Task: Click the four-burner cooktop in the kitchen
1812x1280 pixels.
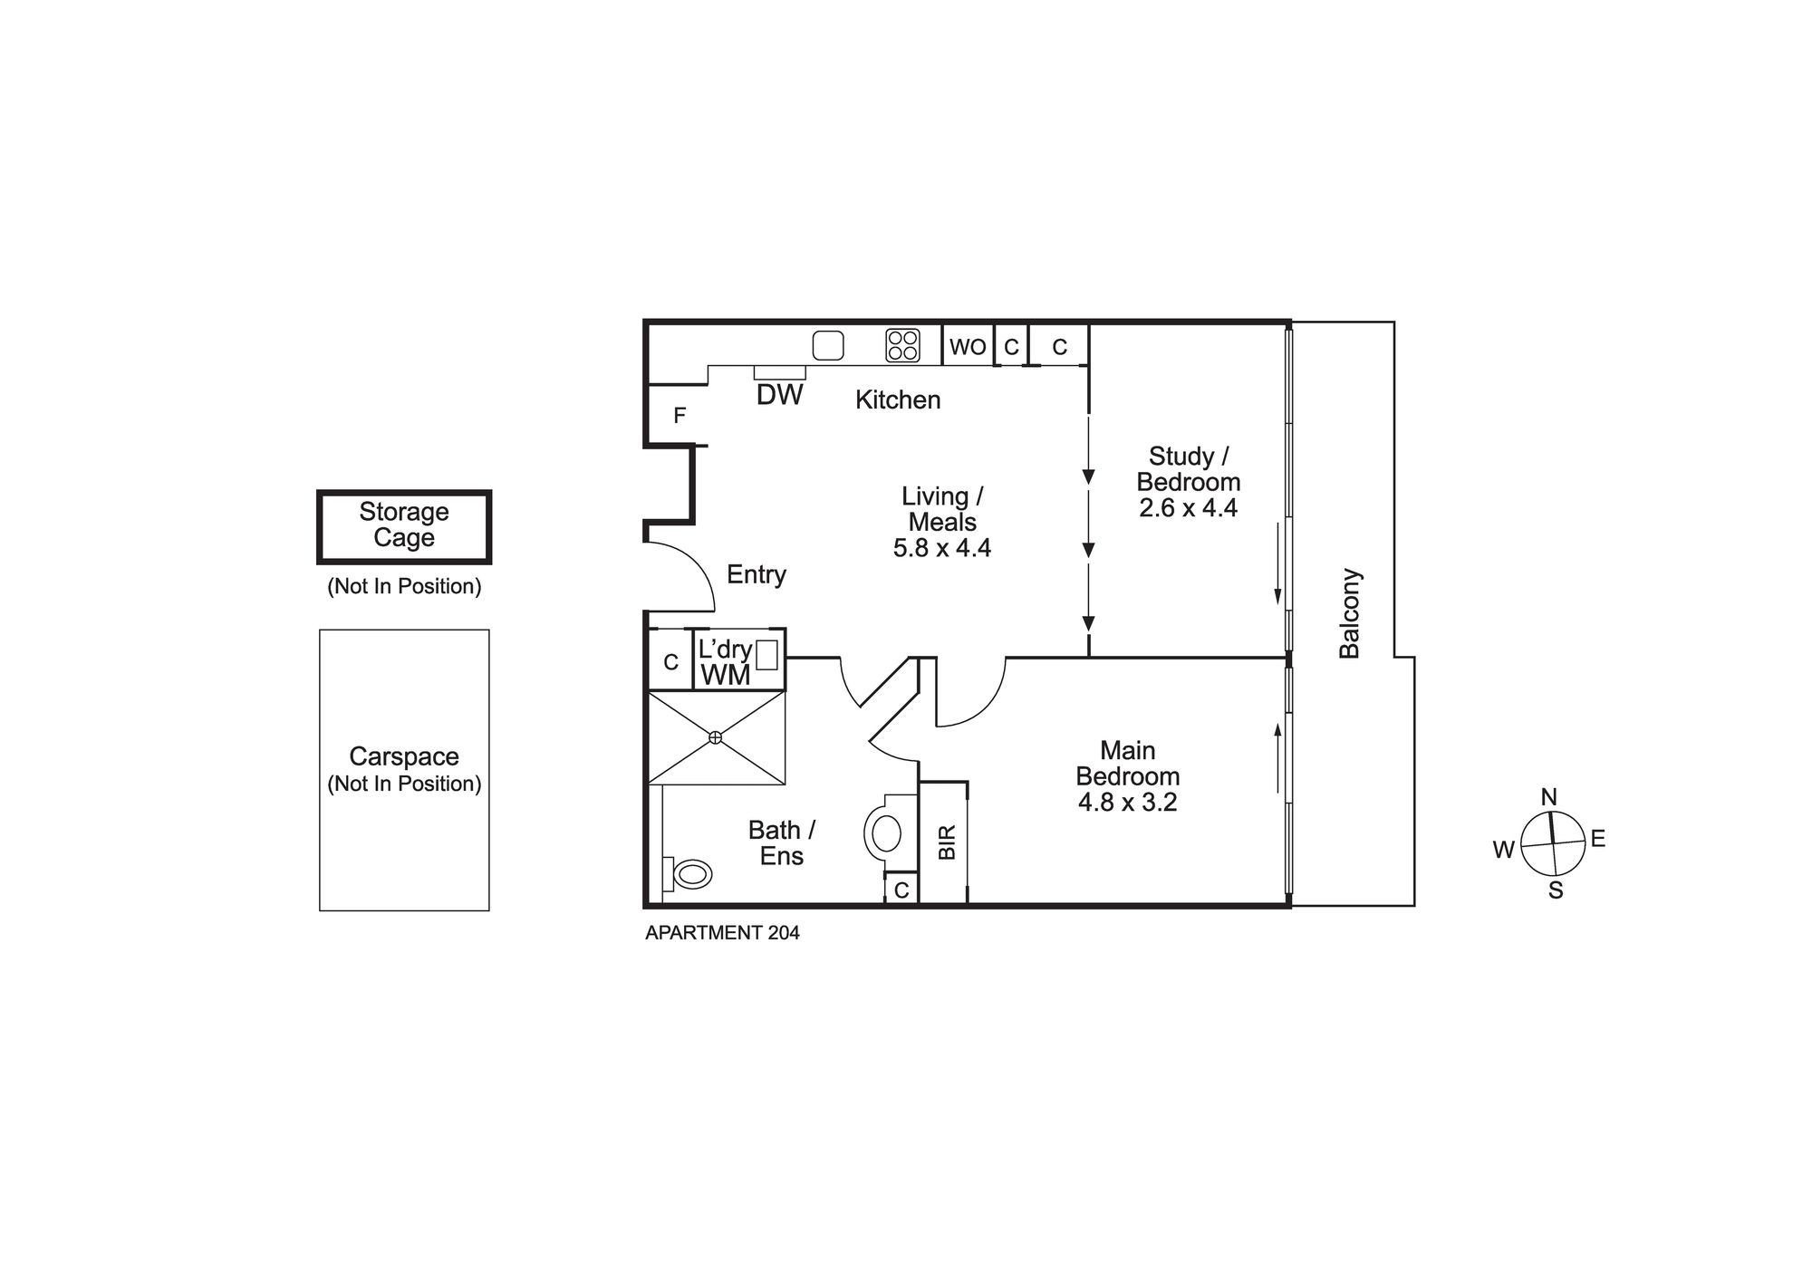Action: [x=903, y=345]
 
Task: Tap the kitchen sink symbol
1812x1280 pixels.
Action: [x=828, y=345]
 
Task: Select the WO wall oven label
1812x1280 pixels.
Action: [x=968, y=347]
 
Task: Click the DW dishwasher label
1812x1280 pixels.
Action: [x=780, y=394]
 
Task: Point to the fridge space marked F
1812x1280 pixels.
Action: [x=679, y=416]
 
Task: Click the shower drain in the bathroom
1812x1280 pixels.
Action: [x=716, y=737]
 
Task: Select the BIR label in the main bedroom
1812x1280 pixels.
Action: [x=947, y=842]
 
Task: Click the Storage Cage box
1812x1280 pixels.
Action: [x=404, y=527]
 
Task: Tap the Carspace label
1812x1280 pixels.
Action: [x=404, y=756]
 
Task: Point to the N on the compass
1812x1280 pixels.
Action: [x=1549, y=797]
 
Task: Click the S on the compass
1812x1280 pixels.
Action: [x=1556, y=891]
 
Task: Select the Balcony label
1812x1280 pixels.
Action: [x=1350, y=613]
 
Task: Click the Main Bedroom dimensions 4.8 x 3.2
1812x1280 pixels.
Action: [x=1128, y=803]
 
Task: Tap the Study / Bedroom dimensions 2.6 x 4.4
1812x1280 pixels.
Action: [x=1189, y=508]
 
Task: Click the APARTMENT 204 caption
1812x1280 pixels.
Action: [x=722, y=933]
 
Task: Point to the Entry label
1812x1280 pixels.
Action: [x=757, y=575]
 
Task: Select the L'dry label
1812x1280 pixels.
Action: [x=725, y=650]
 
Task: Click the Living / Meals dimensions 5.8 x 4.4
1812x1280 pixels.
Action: [x=942, y=548]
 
